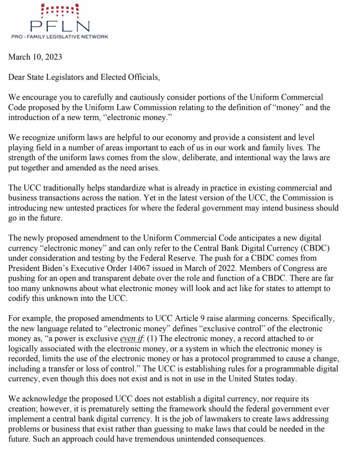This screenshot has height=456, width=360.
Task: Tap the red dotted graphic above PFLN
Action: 59,10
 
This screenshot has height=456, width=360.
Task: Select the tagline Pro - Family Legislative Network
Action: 59,37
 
